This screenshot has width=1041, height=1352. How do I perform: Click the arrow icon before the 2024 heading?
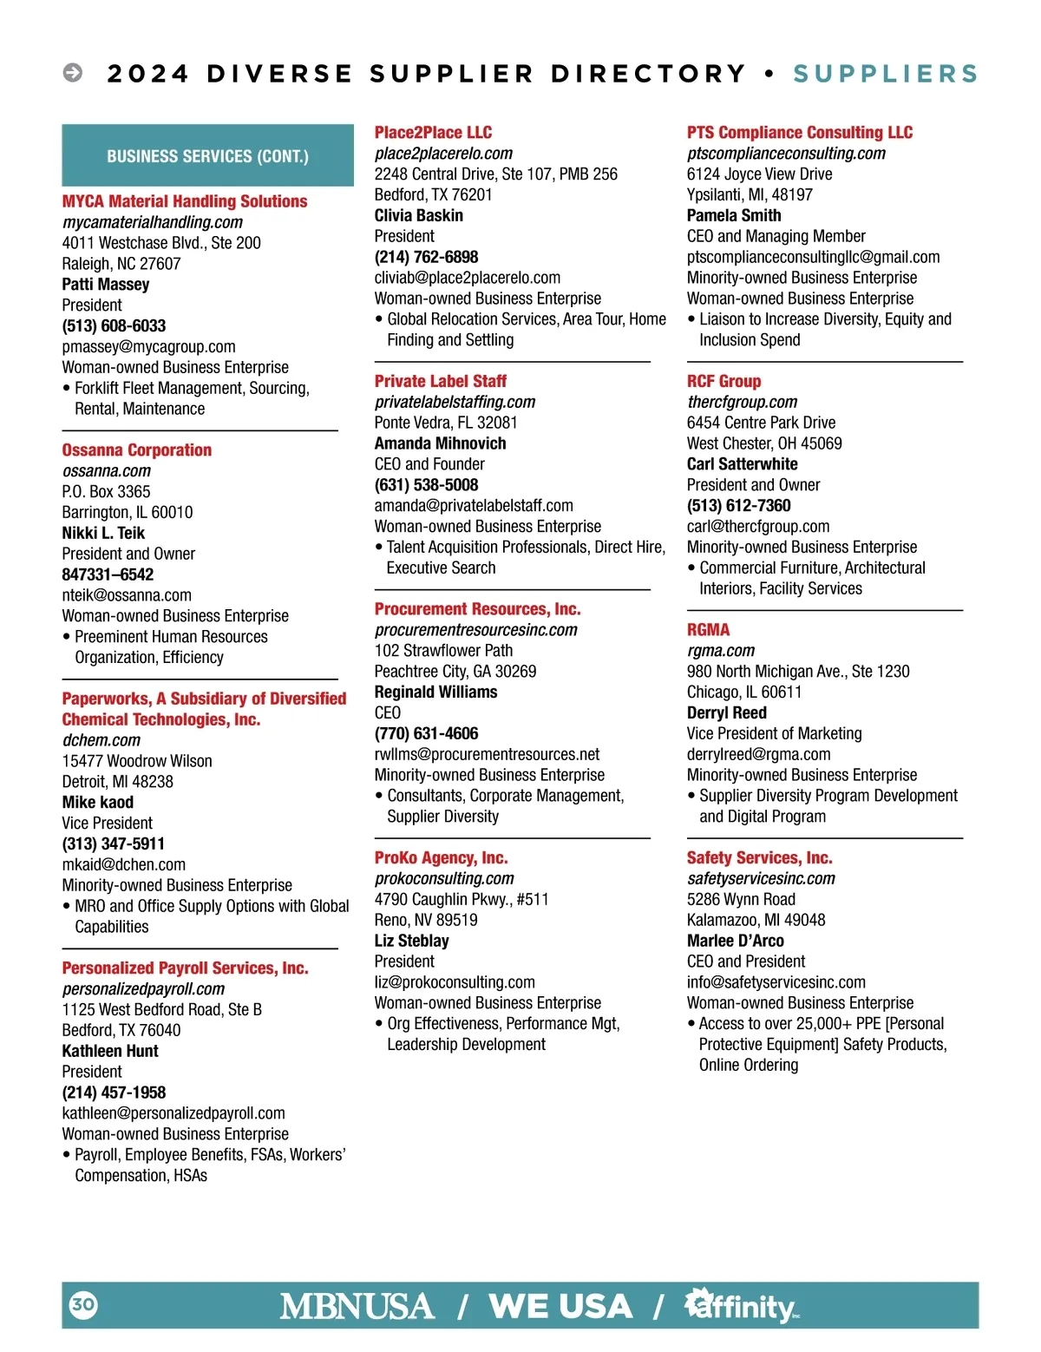pos(73,73)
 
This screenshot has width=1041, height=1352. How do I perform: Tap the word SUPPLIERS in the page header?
pos(885,74)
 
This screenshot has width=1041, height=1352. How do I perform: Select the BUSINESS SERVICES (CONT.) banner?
pos(207,156)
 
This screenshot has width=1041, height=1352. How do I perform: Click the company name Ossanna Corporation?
pos(137,450)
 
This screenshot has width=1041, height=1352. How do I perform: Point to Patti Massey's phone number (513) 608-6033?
pos(114,325)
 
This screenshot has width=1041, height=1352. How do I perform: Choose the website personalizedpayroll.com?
pos(143,988)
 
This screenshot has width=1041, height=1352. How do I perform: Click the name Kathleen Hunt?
pos(110,1051)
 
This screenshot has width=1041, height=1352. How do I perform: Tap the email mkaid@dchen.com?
pos(124,864)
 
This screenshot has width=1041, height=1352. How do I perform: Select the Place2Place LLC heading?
pos(433,132)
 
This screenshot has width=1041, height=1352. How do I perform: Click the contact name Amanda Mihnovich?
pos(440,443)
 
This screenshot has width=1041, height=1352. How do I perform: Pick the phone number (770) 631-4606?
pos(426,733)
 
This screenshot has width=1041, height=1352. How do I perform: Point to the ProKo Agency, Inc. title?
pos(441,857)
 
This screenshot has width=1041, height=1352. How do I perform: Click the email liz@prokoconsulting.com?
pos(455,982)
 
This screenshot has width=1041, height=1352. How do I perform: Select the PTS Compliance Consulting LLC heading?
pos(799,132)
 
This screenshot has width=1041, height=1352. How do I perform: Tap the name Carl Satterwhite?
pos(742,464)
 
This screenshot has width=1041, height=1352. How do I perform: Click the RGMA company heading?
pos(708,629)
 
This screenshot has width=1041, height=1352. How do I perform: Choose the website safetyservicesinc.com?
pos(761,878)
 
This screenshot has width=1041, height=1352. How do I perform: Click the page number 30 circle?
pos(83,1304)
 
